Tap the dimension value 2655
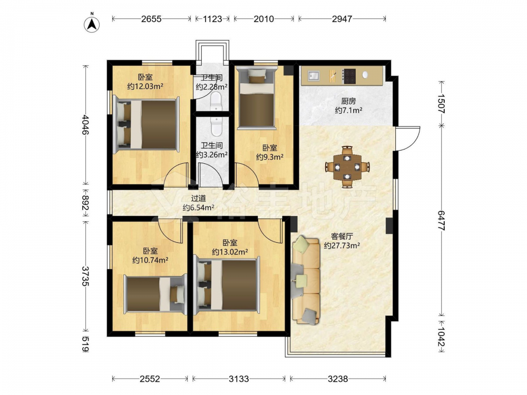pos(151,19)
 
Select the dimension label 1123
pos(212,19)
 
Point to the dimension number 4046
pos(85,125)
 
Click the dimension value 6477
pos(441,221)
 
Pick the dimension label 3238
pos(338,379)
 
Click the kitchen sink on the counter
pos(314,75)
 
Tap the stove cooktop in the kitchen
pos(349,76)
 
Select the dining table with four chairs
pos(347,166)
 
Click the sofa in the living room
pos(306,281)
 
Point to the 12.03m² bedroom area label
pos(145,86)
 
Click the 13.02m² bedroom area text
pos(230,252)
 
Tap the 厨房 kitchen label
pos(348,101)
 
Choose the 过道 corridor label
pos(198,199)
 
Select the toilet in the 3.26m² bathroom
pos(216,126)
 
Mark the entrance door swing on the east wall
pos(408,139)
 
